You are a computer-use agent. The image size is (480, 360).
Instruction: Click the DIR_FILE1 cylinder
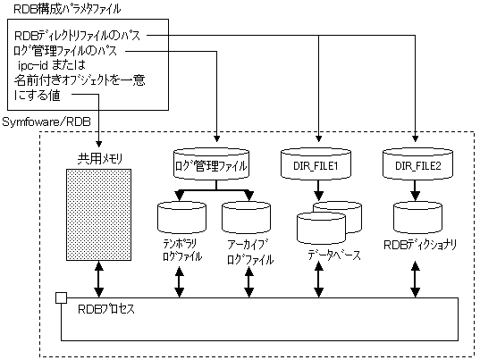point(316,164)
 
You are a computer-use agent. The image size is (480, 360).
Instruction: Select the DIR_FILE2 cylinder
point(417,164)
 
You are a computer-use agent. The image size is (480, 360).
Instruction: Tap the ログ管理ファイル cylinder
point(211,164)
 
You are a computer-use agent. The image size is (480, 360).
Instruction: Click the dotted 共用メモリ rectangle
point(99,214)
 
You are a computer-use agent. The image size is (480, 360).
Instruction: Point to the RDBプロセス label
point(106,309)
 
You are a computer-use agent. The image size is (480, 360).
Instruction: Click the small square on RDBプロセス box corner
point(61,297)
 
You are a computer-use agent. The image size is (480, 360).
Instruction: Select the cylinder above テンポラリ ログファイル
point(181,217)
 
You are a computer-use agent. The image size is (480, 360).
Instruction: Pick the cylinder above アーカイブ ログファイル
point(246,217)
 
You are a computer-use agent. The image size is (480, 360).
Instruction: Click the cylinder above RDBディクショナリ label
point(417,217)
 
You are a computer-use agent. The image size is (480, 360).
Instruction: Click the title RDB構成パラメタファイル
point(67,9)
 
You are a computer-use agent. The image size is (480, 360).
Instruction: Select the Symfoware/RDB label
point(46,122)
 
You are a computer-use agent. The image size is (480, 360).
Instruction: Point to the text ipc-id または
point(52,65)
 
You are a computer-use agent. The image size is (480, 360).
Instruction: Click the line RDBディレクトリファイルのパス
point(77,36)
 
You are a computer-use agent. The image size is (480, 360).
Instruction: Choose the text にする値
point(37,96)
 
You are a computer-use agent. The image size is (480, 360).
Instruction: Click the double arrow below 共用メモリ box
point(99,279)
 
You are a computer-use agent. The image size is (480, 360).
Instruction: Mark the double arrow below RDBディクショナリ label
point(415,280)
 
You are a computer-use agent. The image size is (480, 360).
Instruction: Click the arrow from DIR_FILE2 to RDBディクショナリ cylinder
point(415,190)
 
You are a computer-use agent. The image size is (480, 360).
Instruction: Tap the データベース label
point(334,255)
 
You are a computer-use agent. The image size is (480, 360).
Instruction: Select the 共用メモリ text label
point(100,159)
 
